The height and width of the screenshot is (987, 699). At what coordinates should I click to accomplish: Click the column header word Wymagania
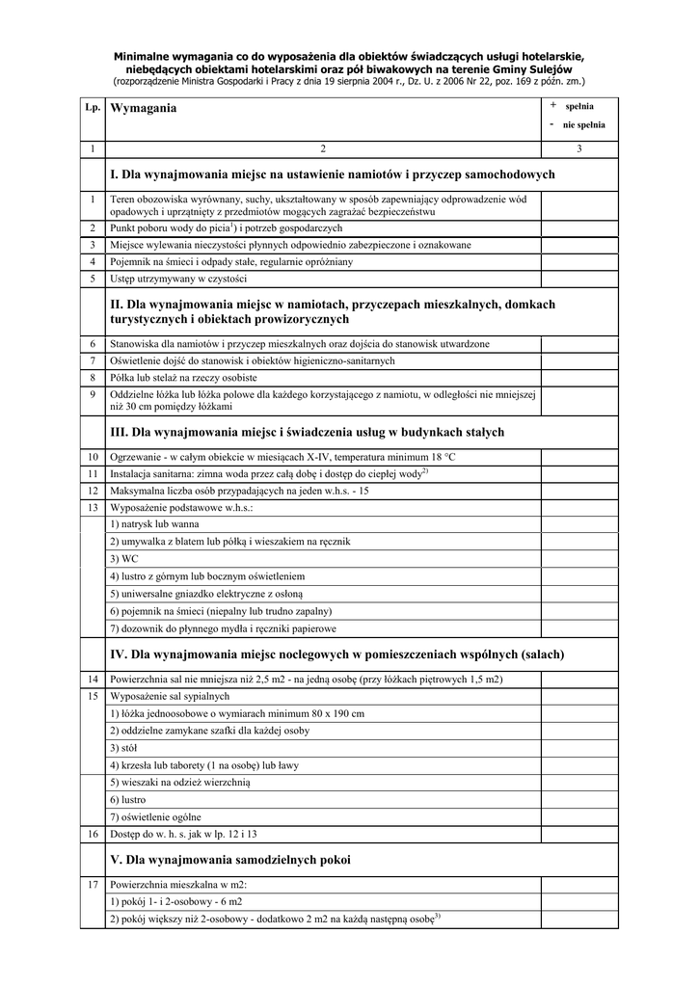pyautogui.click(x=145, y=109)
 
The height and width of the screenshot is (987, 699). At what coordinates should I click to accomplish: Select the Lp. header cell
pyautogui.click(x=93, y=107)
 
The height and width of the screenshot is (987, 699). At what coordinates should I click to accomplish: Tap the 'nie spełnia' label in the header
pyautogui.click(x=584, y=125)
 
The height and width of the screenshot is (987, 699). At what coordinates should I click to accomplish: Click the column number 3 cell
pyautogui.click(x=578, y=148)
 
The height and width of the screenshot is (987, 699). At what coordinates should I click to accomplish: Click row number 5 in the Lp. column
pyautogui.click(x=93, y=279)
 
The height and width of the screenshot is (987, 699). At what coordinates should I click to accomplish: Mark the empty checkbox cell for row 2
pyautogui.click(x=578, y=227)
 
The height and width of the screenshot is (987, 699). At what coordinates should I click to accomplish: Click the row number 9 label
pyautogui.click(x=93, y=394)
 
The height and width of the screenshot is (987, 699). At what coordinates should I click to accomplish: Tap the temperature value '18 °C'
pyautogui.click(x=439, y=456)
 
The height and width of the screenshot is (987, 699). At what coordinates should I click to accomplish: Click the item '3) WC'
pyautogui.click(x=123, y=559)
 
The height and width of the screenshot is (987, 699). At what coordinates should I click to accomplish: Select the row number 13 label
pyautogui.click(x=93, y=507)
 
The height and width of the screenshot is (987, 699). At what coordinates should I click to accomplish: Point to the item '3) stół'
pyautogui.click(x=123, y=748)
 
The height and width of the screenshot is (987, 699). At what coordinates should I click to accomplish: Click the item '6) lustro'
pyautogui.click(x=127, y=800)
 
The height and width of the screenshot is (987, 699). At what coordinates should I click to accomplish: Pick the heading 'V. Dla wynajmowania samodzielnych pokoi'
pyautogui.click(x=231, y=859)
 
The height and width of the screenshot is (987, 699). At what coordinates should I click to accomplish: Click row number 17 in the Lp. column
pyautogui.click(x=93, y=884)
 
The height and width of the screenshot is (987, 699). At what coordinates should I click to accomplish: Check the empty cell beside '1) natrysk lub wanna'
pyautogui.click(x=578, y=524)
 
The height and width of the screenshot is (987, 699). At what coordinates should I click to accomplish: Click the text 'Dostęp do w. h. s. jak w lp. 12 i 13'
pyautogui.click(x=184, y=834)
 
